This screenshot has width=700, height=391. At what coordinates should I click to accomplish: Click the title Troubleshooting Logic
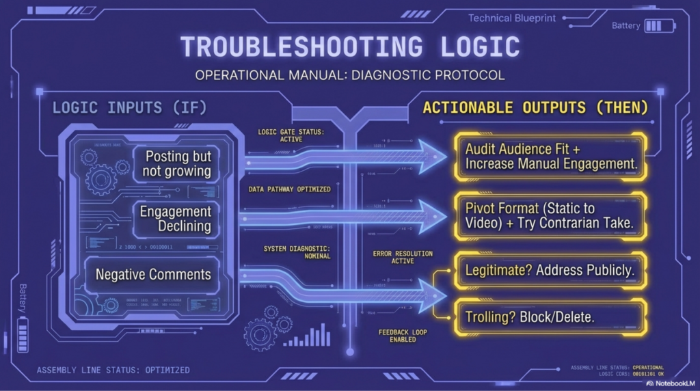pyautogui.click(x=349, y=46)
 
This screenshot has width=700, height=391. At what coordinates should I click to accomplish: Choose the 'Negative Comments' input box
pyautogui.click(x=153, y=275)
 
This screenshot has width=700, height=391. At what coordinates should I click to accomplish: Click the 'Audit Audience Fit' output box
pyautogui.click(x=550, y=156)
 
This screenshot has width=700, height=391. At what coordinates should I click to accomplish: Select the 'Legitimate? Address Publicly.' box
pyautogui.click(x=550, y=270)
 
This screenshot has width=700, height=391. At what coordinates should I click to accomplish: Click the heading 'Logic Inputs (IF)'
pyautogui.click(x=129, y=108)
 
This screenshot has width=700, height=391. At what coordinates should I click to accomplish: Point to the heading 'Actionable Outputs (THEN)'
pyautogui.click(x=535, y=108)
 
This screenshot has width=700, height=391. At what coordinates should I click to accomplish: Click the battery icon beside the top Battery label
pyautogui.click(x=660, y=26)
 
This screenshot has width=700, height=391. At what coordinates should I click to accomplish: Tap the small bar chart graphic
pyautogui.click(x=307, y=336)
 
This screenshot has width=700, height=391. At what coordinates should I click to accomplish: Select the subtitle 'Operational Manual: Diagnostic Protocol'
pyautogui.click(x=349, y=74)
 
